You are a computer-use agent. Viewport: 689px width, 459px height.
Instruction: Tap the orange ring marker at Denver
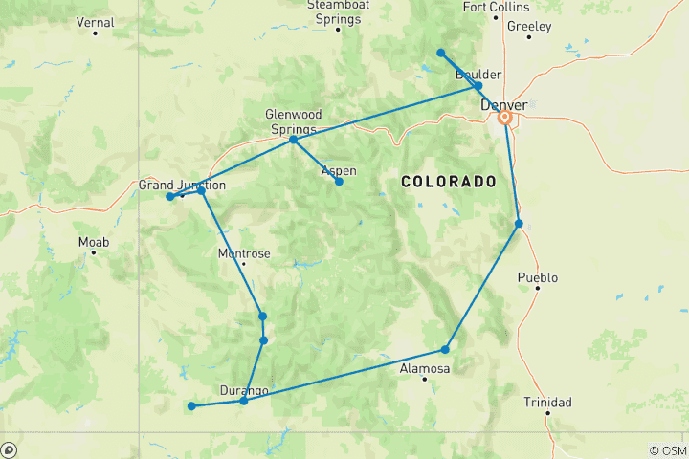504,119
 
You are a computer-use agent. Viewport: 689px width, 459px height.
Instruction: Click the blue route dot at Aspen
339,182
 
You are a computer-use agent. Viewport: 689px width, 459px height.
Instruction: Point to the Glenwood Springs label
293,120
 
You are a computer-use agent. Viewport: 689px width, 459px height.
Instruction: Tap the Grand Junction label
182,185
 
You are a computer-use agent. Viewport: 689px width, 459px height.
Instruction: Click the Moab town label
94,242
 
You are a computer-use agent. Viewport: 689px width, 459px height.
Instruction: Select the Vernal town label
95,22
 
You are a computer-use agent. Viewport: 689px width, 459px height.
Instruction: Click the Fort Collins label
496,7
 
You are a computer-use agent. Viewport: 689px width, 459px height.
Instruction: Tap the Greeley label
530,26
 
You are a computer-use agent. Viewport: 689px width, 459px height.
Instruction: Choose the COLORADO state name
448,181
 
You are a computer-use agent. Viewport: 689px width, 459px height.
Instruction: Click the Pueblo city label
537,278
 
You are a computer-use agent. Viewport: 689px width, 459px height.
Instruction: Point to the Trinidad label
547,403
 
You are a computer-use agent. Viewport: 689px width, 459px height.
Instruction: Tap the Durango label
243,390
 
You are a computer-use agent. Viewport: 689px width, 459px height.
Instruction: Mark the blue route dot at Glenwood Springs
293,140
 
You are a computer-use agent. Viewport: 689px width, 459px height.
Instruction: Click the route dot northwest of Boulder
440,53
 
